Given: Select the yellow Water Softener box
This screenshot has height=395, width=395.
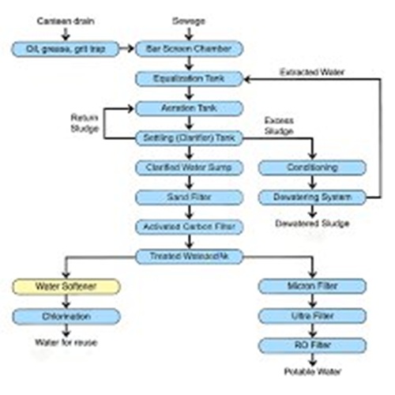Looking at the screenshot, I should coord(66,286).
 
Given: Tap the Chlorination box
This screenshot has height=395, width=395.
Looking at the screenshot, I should coord(66,316).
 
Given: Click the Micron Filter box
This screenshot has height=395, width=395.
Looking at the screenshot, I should coord(313,286).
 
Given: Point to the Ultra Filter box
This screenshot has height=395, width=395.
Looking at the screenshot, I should coord(313,316).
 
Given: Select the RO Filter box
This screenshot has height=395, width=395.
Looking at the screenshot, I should coord(313,345).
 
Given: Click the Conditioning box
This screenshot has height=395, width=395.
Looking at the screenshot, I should coord(313,167).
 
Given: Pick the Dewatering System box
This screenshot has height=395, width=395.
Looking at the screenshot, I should coord(313,197).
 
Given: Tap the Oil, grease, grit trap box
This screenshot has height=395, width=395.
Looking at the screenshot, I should coord(66,49).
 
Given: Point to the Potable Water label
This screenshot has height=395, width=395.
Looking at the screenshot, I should coord(313,371).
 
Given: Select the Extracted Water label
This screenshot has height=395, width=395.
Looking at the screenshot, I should coord(312,72).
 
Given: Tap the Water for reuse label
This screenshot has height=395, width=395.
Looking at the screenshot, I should coord(66,342).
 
